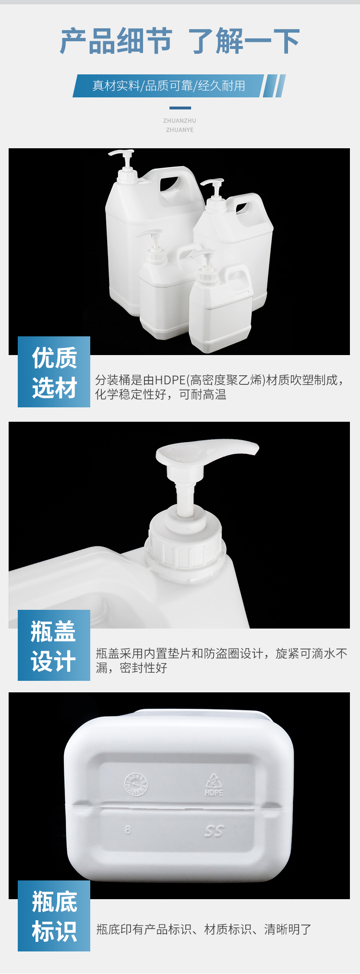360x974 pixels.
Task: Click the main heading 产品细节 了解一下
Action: coord(180,41)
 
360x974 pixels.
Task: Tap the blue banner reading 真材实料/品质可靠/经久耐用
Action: coord(168,86)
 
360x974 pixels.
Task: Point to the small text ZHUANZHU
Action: coord(180,121)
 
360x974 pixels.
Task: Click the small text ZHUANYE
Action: coord(180,130)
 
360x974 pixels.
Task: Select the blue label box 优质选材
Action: coord(54,372)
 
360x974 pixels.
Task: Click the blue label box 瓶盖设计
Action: coord(54,645)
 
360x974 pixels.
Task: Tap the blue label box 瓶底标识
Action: coord(54,916)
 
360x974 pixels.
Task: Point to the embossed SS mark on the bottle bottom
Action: coord(214,831)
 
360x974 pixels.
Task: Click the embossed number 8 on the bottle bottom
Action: coord(128,830)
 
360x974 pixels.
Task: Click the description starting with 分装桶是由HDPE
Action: coord(219,387)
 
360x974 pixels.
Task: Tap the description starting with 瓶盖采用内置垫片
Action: coord(221,661)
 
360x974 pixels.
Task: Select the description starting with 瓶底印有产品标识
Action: coord(204,929)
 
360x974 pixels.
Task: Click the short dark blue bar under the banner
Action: coord(180,108)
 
